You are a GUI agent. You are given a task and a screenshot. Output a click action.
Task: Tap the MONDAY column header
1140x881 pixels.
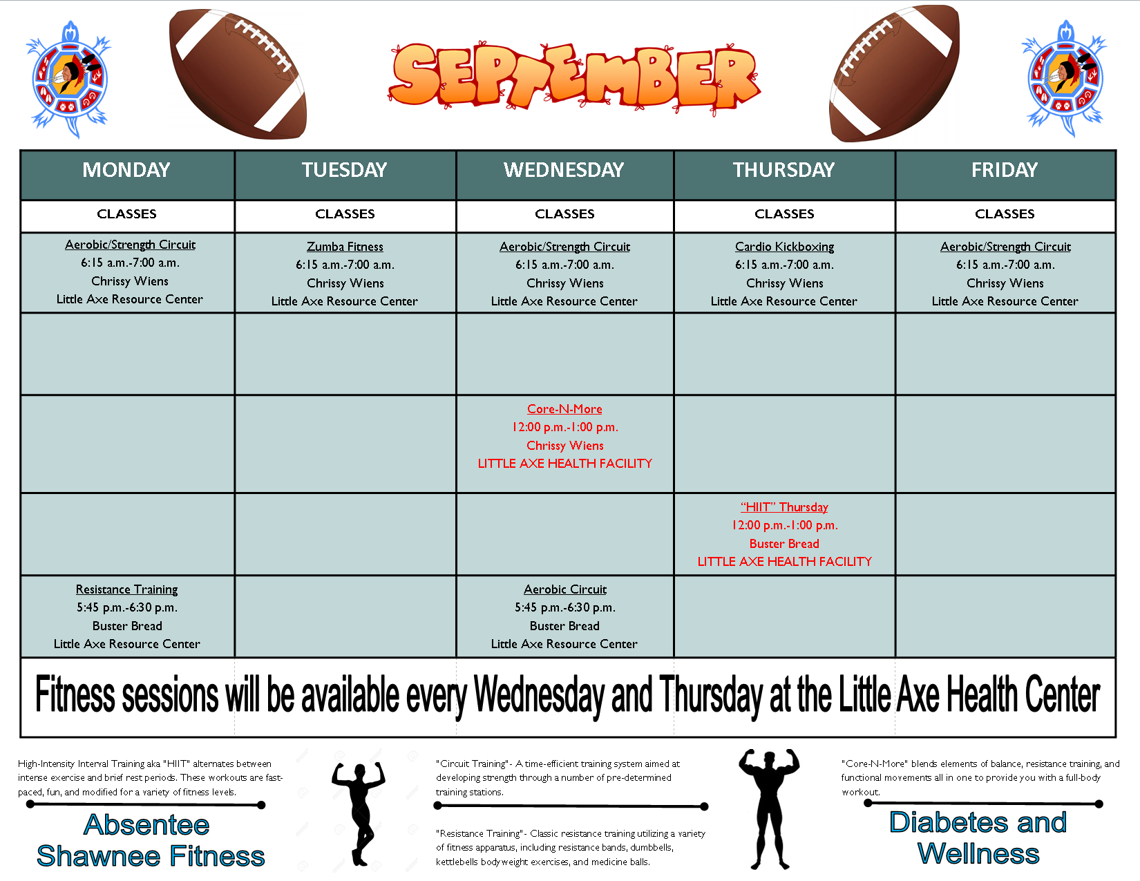click(126, 170)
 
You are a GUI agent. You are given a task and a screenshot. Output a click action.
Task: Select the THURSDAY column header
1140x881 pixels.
click(783, 170)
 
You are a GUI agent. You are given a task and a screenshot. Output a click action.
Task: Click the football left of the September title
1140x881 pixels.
click(238, 74)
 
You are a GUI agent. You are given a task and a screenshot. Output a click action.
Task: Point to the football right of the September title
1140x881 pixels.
click(894, 73)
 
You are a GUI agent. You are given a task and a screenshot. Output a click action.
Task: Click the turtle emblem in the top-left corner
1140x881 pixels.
click(69, 79)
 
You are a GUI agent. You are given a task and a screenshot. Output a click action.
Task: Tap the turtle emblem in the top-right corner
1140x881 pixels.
click(1065, 79)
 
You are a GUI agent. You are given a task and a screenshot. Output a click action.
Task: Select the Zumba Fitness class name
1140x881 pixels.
click(345, 247)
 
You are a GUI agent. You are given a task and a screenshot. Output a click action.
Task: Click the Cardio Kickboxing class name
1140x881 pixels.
click(784, 247)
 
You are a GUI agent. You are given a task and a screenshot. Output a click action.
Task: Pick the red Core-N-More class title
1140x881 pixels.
click(564, 409)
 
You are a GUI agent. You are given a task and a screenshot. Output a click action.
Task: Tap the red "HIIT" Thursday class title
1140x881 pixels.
click(784, 507)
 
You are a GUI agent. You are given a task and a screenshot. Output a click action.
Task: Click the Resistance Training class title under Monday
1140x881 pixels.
click(127, 589)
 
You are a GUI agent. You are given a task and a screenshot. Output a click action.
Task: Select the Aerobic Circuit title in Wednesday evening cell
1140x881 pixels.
click(565, 589)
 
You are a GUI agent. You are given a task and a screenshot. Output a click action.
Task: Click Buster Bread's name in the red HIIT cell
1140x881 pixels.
click(784, 544)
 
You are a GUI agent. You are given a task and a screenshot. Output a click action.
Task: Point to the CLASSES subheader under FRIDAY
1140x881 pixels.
click(1005, 214)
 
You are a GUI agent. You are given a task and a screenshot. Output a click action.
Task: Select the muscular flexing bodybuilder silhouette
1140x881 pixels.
click(769, 808)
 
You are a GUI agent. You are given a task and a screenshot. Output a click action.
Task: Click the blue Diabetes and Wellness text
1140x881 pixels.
click(978, 838)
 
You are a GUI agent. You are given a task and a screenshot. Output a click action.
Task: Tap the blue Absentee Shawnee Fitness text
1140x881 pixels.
click(150, 840)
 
